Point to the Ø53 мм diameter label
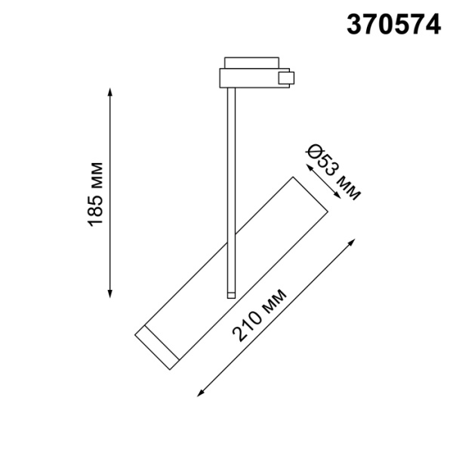[333, 173]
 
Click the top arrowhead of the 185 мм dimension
[111, 91]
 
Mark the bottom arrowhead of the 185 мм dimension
[111, 294]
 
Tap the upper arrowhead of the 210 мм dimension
[353, 240]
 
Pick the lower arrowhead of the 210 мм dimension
[199, 393]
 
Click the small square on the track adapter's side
[285, 77]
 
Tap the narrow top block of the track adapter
[250, 61]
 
